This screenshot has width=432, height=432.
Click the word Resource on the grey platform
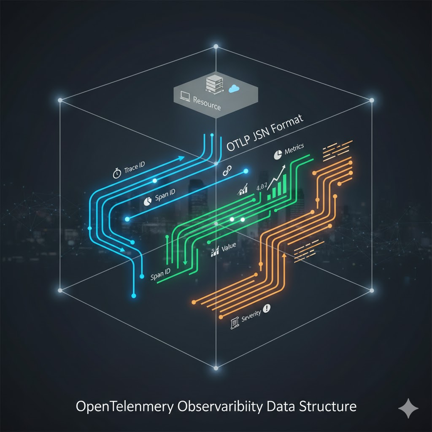206,103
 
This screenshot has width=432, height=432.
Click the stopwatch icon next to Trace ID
117,173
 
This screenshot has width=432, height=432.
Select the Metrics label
294,150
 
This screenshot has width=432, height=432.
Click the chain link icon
226,172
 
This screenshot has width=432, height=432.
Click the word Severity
251,316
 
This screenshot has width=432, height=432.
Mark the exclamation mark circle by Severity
267,309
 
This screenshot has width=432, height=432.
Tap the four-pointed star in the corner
408,408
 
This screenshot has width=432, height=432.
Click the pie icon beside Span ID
148,201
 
